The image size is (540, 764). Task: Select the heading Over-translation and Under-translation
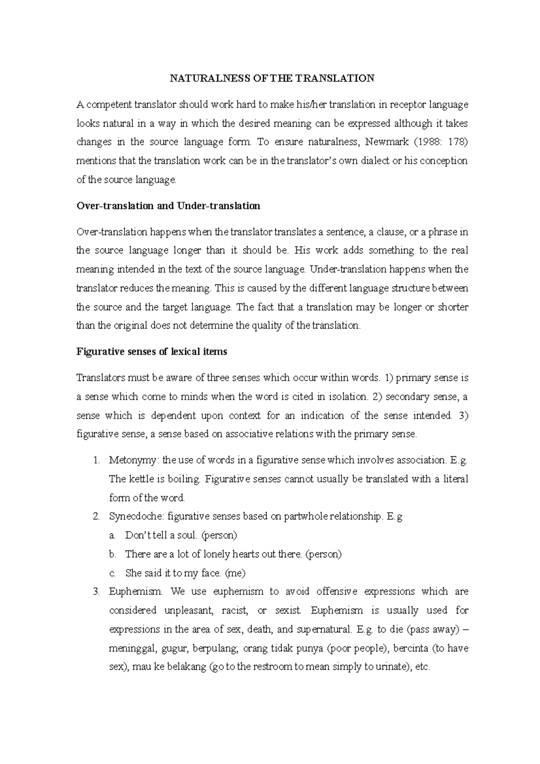point(168,206)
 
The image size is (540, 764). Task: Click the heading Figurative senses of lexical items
point(152,352)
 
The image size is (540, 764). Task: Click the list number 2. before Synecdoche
point(96,517)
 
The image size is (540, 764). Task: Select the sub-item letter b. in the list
point(112,554)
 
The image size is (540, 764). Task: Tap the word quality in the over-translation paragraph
point(271,326)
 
